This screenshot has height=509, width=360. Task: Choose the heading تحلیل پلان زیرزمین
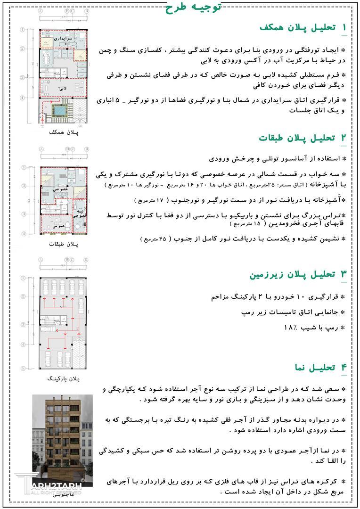(x=298, y=274)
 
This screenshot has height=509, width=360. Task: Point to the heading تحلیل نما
(x=320, y=367)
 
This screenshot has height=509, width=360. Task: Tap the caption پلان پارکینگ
(x=62, y=378)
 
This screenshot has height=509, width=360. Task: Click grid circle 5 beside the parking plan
(x=22, y=368)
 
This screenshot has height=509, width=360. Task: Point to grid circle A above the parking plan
(x=41, y=260)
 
